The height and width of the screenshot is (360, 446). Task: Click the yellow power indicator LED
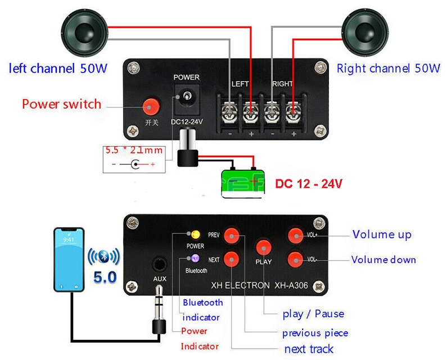pos(196,234)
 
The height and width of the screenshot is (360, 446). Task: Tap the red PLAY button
pos(263,246)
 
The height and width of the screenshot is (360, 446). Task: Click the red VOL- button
pos(295,259)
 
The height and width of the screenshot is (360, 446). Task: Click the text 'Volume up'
pos(381,235)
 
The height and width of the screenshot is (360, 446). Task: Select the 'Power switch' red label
pos(61,104)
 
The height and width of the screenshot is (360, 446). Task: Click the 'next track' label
pos(308,349)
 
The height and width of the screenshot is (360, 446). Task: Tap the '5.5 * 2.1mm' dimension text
pos(133,151)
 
